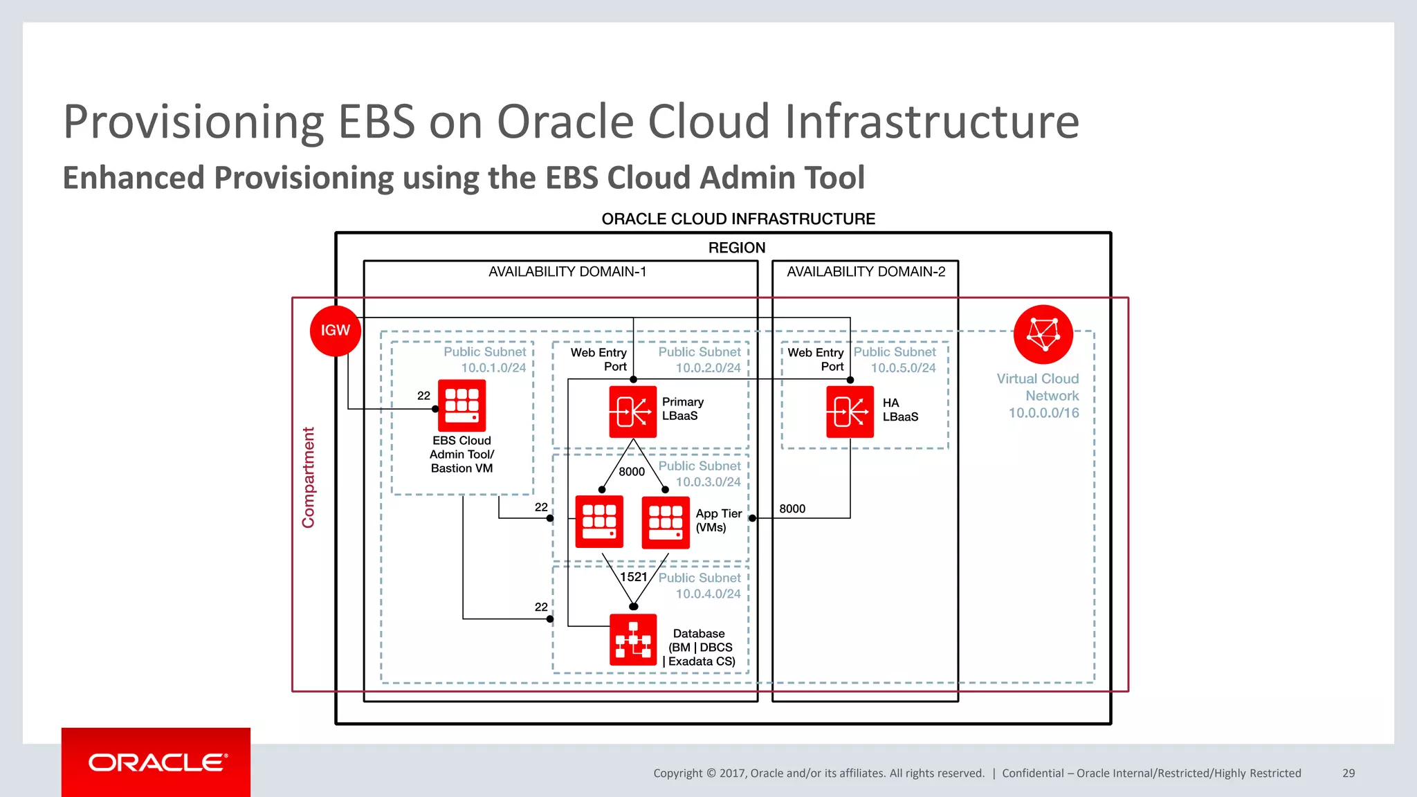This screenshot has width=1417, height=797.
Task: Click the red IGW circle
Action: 335,331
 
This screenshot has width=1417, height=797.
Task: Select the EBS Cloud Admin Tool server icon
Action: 461,405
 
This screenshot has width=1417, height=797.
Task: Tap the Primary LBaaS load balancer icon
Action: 632,412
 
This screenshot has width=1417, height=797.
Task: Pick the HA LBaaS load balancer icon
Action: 850,412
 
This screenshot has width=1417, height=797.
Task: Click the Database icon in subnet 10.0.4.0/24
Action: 632,640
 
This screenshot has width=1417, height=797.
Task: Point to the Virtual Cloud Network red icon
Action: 1043,334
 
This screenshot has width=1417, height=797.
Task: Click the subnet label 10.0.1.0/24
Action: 493,368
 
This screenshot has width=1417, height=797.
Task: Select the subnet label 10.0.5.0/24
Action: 903,368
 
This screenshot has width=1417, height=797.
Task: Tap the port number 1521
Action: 633,577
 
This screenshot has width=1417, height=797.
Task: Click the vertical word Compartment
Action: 308,477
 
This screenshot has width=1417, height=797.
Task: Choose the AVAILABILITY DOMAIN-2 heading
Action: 866,272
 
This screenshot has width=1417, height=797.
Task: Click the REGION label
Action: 736,248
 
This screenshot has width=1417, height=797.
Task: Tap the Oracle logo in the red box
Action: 156,762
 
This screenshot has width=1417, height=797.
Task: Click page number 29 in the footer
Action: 1348,773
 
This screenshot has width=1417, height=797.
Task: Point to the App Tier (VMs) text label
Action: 718,520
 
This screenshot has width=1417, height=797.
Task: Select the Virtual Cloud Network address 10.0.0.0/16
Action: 1043,413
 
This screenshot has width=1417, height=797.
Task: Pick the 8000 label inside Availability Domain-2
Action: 792,509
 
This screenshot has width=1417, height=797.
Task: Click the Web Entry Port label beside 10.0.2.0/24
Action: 598,360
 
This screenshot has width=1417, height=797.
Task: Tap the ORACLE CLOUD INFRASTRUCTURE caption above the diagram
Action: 738,219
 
